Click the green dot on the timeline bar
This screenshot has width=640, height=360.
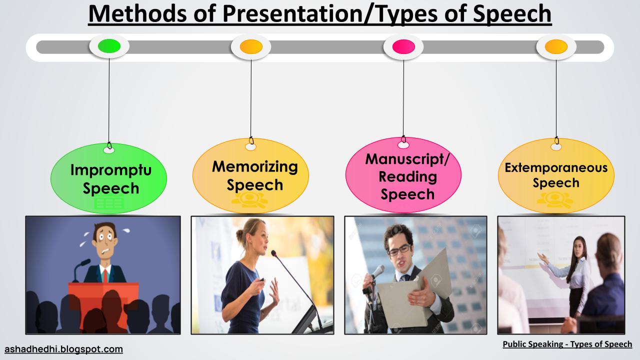109,46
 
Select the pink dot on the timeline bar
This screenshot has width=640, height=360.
403,46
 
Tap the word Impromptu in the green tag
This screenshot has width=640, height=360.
111,170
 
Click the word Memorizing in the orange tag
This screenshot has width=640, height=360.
255,167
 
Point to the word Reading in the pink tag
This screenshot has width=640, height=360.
407,177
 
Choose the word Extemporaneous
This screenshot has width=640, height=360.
556,167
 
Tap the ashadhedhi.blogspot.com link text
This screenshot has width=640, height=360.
63,349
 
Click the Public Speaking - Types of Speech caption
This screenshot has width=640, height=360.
567,344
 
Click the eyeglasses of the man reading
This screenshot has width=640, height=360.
399,250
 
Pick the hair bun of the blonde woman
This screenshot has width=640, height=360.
240,236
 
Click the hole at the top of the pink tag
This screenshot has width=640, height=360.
403,145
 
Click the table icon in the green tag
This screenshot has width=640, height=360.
109,203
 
